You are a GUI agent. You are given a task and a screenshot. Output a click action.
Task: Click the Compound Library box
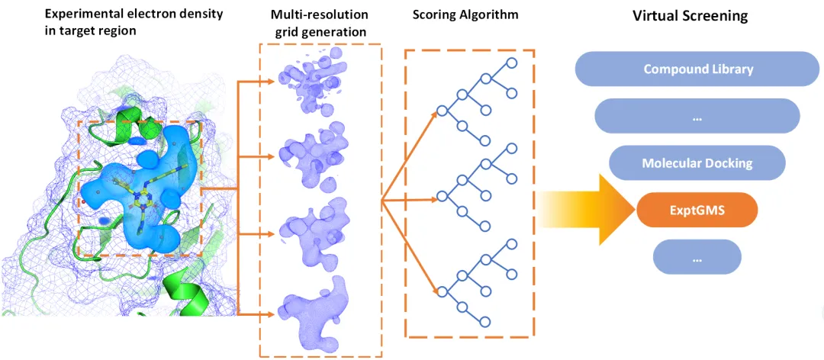(698, 69)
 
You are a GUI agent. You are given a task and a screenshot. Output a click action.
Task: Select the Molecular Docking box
(697, 163)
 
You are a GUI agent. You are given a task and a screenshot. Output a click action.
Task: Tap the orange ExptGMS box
(697, 211)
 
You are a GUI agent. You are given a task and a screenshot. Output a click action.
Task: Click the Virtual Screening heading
(690, 16)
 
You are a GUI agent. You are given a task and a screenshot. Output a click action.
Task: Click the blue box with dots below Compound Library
(697, 116)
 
